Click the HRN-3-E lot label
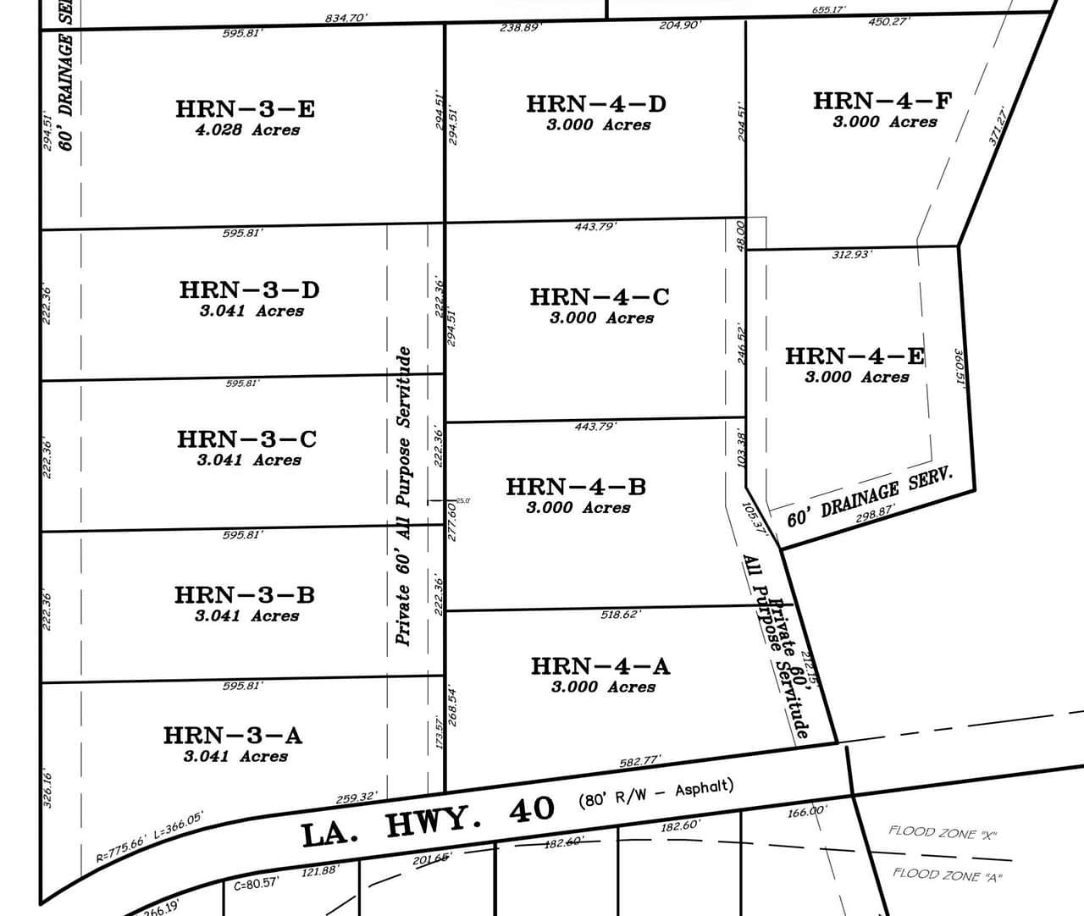(x=246, y=109)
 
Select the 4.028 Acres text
(x=247, y=130)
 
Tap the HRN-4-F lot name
(x=882, y=101)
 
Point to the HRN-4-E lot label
(x=854, y=356)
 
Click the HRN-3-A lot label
(x=233, y=735)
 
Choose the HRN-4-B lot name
(x=576, y=487)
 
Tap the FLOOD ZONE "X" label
(x=943, y=833)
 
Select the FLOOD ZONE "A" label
(x=948, y=875)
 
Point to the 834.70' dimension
(x=346, y=18)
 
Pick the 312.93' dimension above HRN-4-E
(x=852, y=254)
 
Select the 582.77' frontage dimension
(x=640, y=762)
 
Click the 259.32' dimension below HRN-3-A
(x=357, y=797)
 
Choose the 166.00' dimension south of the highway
(x=806, y=811)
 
